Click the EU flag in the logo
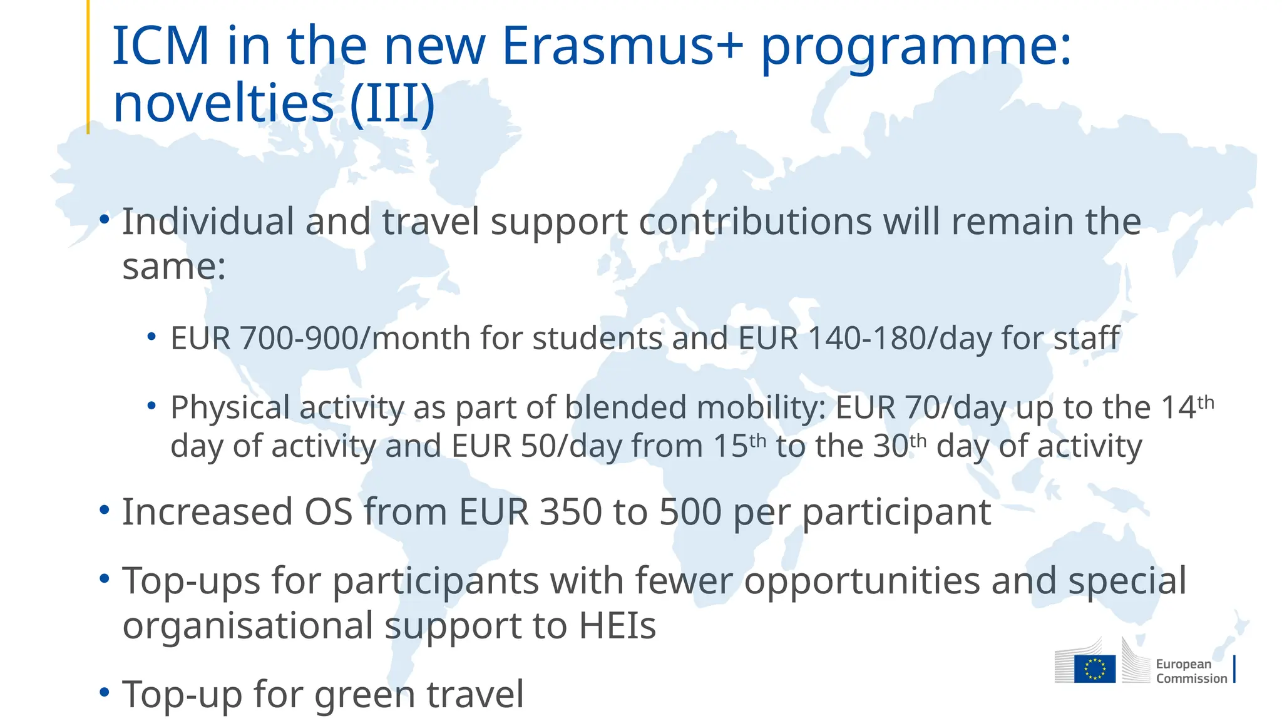tap(1094, 669)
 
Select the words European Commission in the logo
tap(1191, 671)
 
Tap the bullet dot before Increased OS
tap(105, 509)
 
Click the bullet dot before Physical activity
tap(151, 406)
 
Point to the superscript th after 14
tap(1206, 402)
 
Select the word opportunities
tap(863, 581)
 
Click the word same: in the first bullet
tap(173, 266)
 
